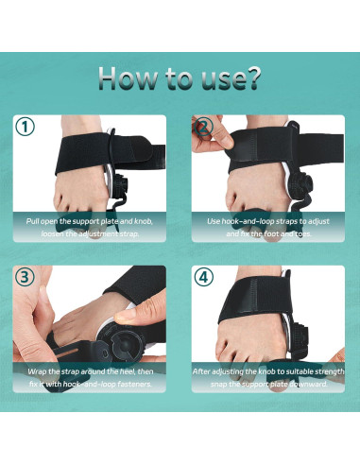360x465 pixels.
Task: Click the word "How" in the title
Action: pyautogui.click(x=129, y=78)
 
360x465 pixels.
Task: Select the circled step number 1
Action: pyautogui.click(x=26, y=127)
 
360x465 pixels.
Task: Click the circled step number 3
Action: pyautogui.click(x=26, y=276)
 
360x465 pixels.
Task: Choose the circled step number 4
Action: pyautogui.click(x=201, y=276)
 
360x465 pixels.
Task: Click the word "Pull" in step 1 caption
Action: pyautogui.click(x=34, y=220)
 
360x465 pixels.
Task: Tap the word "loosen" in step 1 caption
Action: pyautogui.click(x=55, y=232)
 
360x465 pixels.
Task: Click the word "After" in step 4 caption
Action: pyautogui.click(x=203, y=371)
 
